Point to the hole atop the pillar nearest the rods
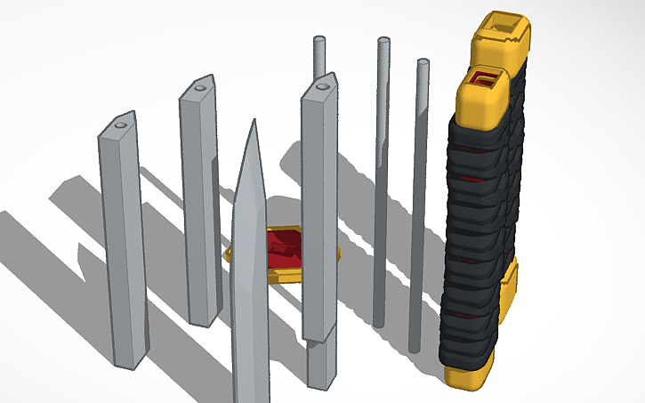point(323,88)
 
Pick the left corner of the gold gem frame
point(230,254)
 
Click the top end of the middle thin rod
point(383,41)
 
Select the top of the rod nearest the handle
point(423,63)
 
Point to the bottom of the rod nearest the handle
point(415,349)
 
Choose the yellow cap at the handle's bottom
point(467,375)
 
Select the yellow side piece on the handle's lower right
point(508,289)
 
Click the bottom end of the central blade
point(250,396)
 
